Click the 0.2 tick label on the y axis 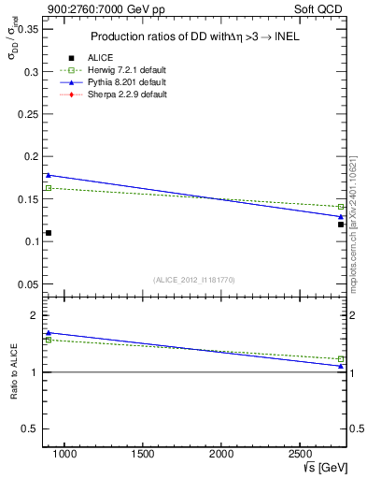[31, 156]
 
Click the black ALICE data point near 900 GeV [49, 233]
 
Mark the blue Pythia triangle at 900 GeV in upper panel [49, 175]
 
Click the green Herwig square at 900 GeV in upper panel [49, 188]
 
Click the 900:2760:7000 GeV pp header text [94, 9]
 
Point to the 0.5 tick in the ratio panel [31, 428]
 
